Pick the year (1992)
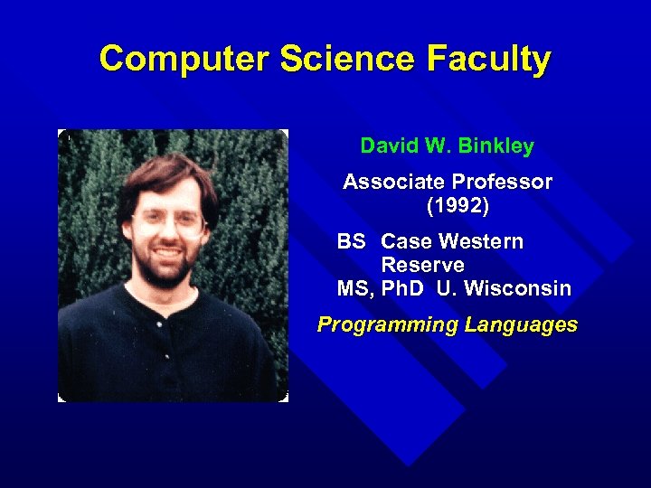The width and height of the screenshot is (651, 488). pyautogui.click(x=458, y=206)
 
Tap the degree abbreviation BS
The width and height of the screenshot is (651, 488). pyautogui.click(x=351, y=242)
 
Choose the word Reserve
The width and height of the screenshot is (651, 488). pyautogui.click(x=422, y=266)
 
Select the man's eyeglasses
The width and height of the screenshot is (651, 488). pyautogui.click(x=168, y=220)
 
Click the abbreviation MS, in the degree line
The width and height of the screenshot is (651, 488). pyautogui.click(x=356, y=289)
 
